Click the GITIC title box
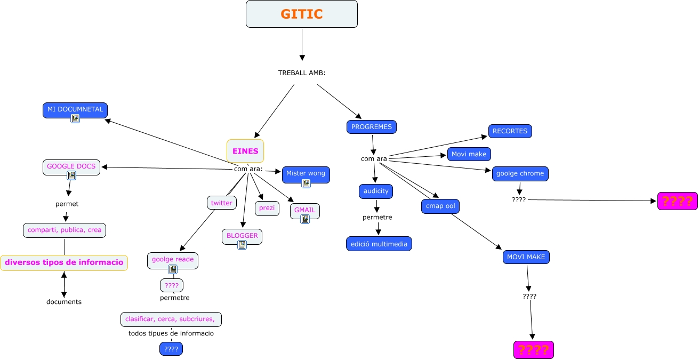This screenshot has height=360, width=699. tap(301, 14)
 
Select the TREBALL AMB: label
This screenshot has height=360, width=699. tap(302, 73)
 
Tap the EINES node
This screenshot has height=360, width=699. tap(245, 151)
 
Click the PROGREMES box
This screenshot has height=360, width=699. tap(372, 127)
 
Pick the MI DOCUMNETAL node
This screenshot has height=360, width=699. tap(75, 109)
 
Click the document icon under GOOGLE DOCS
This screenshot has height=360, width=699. tap(71, 175)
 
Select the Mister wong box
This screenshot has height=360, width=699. tap(306, 173)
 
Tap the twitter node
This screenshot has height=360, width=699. tap(222, 203)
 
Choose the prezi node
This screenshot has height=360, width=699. tap(267, 208)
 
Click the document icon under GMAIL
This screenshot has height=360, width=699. tap(305, 219)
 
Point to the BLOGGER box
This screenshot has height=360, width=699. tap(242, 236)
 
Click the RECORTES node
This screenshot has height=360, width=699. tap(510, 131)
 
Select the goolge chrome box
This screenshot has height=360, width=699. tap(520, 173)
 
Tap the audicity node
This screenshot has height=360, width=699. tap(376, 191)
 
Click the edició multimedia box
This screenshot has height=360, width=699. tap(379, 244)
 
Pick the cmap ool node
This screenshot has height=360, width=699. tap(440, 206)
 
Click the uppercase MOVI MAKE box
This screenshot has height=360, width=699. tap(526, 257)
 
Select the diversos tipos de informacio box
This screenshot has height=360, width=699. tap(64, 262)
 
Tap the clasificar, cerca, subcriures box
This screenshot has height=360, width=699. tap(171, 319)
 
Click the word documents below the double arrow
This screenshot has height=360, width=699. tap(64, 302)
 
